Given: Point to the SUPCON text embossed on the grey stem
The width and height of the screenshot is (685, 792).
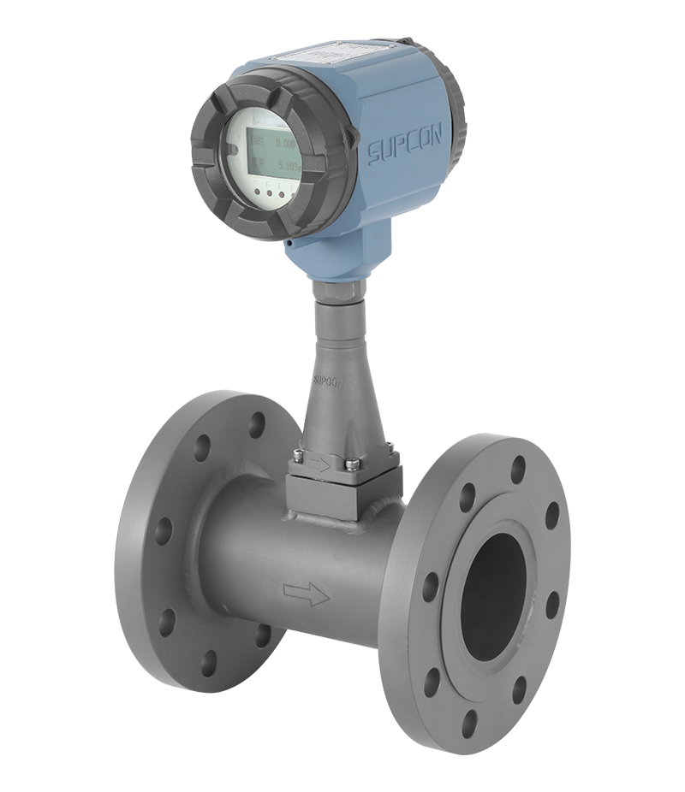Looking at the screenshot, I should click(327, 380).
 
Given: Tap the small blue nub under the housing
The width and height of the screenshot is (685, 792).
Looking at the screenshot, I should click(291, 245).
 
